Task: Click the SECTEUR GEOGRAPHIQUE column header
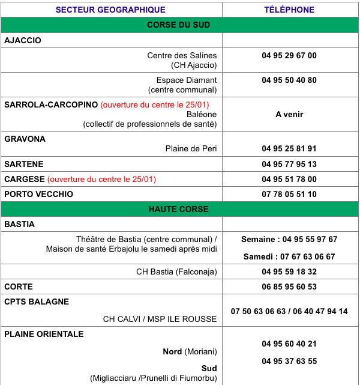[x=110, y=10]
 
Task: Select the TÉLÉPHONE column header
[x=289, y=10]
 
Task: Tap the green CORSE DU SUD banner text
[x=178, y=25]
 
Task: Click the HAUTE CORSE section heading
[x=178, y=209]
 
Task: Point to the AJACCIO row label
[x=22, y=40]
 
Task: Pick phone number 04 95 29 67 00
[x=289, y=56]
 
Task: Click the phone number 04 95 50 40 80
[x=289, y=80]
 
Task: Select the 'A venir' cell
[x=289, y=114]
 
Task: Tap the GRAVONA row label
[x=25, y=139]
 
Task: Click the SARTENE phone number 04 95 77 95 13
[x=289, y=164]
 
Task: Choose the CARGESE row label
[x=25, y=179]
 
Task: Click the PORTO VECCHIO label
[x=38, y=194]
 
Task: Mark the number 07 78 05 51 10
[x=289, y=194]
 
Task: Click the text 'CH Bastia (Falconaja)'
[x=176, y=271]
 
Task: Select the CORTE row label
[x=19, y=286]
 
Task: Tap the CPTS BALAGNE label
[x=37, y=302]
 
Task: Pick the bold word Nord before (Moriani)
[x=172, y=351]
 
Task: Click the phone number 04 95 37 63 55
[x=289, y=361]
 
